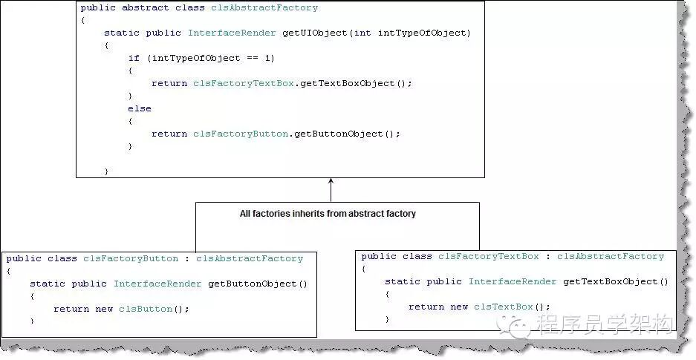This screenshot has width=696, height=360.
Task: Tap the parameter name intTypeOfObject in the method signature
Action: pos(421,33)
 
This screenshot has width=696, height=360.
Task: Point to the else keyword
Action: pos(139,108)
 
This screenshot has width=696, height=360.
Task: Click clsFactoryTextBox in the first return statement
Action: pos(244,83)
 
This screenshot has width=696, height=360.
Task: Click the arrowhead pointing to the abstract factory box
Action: pos(331,181)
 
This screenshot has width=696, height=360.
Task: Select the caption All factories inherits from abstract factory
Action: pos(328,214)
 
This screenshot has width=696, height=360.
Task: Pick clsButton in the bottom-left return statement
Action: pos(146,309)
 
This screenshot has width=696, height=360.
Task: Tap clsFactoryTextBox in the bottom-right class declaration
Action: pos(488,257)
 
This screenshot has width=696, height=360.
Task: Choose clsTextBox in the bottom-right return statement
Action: pos(503,307)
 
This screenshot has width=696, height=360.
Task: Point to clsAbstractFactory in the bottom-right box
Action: pos(611,257)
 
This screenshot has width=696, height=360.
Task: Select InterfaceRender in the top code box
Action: pos(232,33)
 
